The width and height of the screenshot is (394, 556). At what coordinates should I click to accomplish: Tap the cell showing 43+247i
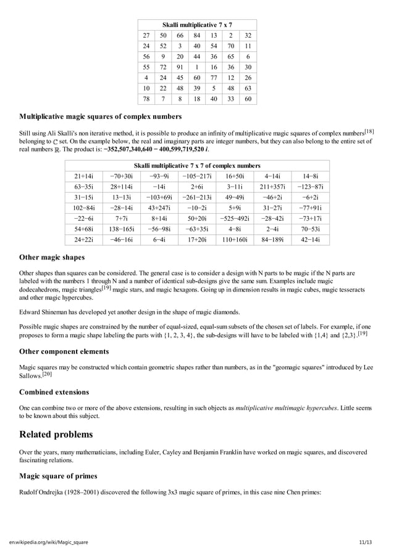point(159,208)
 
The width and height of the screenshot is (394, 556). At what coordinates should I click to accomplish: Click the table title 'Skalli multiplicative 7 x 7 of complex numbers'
point(197,166)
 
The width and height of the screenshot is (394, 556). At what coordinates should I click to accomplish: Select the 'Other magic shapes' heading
point(52,257)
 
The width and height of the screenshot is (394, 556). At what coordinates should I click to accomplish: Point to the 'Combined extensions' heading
point(54,392)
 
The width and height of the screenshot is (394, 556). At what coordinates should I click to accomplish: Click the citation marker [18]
point(369,131)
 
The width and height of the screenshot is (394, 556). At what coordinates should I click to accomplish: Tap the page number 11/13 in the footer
point(366,542)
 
